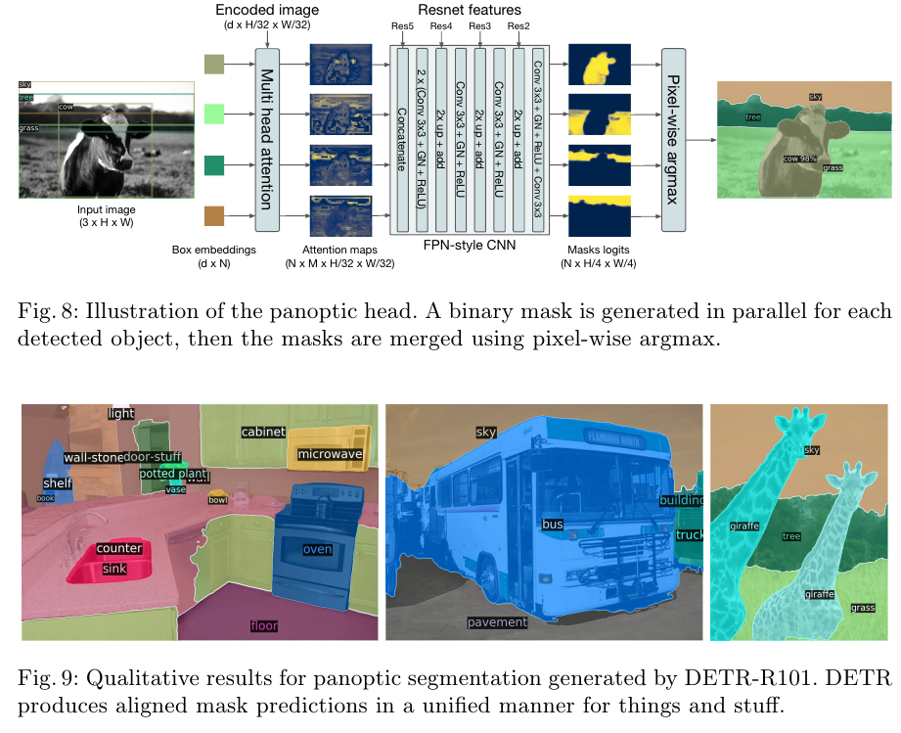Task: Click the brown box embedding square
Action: tap(213, 215)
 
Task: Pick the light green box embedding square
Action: tap(213, 115)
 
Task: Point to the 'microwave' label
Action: tap(331, 454)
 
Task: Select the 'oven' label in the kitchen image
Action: tap(317, 549)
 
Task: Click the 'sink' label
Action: tap(114, 568)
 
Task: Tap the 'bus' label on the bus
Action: tap(554, 525)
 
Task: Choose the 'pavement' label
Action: tap(497, 621)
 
